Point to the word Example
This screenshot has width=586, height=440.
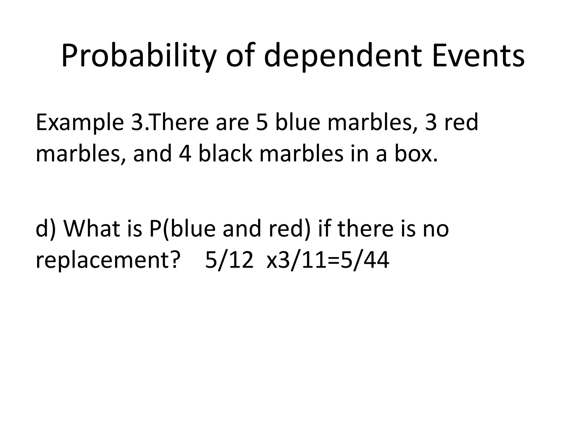[x=80, y=123]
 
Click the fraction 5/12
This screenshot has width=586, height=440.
[x=229, y=260]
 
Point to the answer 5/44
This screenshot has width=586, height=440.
[x=365, y=260]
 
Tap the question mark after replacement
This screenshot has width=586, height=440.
[x=175, y=260]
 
